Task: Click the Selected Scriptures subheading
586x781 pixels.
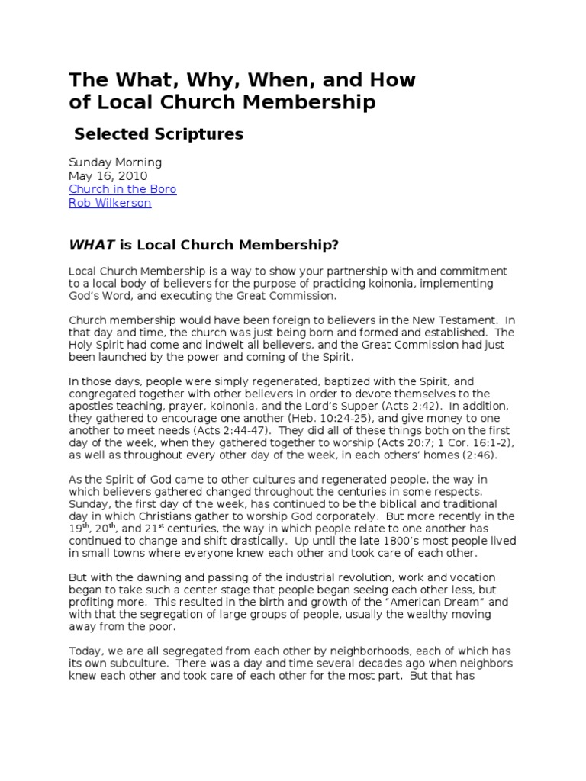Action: click(x=159, y=134)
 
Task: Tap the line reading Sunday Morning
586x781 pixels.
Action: click(x=115, y=162)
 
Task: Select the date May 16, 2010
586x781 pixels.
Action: click(x=108, y=176)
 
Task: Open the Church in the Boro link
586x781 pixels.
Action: click(x=122, y=189)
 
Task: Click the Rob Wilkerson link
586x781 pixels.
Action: click(x=110, y=203)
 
